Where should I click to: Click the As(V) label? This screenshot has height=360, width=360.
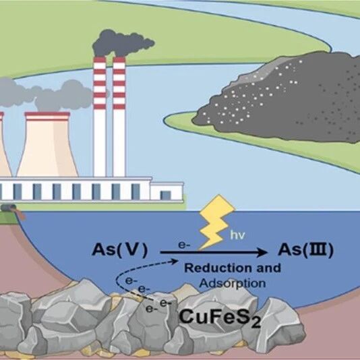(119, 250)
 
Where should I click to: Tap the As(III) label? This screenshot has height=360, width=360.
(305, 250)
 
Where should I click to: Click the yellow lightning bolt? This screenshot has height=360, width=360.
(216, 222)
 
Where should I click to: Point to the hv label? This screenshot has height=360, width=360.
(237, 235)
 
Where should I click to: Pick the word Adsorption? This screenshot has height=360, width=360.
(233, 283)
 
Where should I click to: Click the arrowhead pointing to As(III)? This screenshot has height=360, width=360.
(262, 252)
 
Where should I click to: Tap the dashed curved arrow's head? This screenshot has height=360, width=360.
(175, 261)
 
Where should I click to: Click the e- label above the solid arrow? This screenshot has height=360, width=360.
(184, 245)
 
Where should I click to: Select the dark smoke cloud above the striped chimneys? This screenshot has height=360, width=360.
(123, 43)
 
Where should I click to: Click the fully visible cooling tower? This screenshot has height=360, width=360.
(47, 145)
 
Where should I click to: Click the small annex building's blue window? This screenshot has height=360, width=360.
(166, 195)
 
